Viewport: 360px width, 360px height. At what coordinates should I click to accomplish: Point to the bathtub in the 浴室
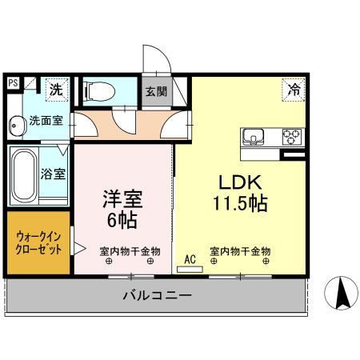pos(23,175)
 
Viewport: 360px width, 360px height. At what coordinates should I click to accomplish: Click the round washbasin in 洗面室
pos(17,124)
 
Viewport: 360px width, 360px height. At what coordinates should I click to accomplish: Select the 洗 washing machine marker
pos(55,89)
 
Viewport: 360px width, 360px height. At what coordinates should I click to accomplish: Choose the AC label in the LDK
pos(190,258)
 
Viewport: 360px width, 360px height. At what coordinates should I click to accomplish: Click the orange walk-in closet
pos(38,242)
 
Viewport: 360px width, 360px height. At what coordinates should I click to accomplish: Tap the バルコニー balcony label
pos(157,295)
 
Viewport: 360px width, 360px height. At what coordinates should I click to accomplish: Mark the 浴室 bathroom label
pos(54,172)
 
